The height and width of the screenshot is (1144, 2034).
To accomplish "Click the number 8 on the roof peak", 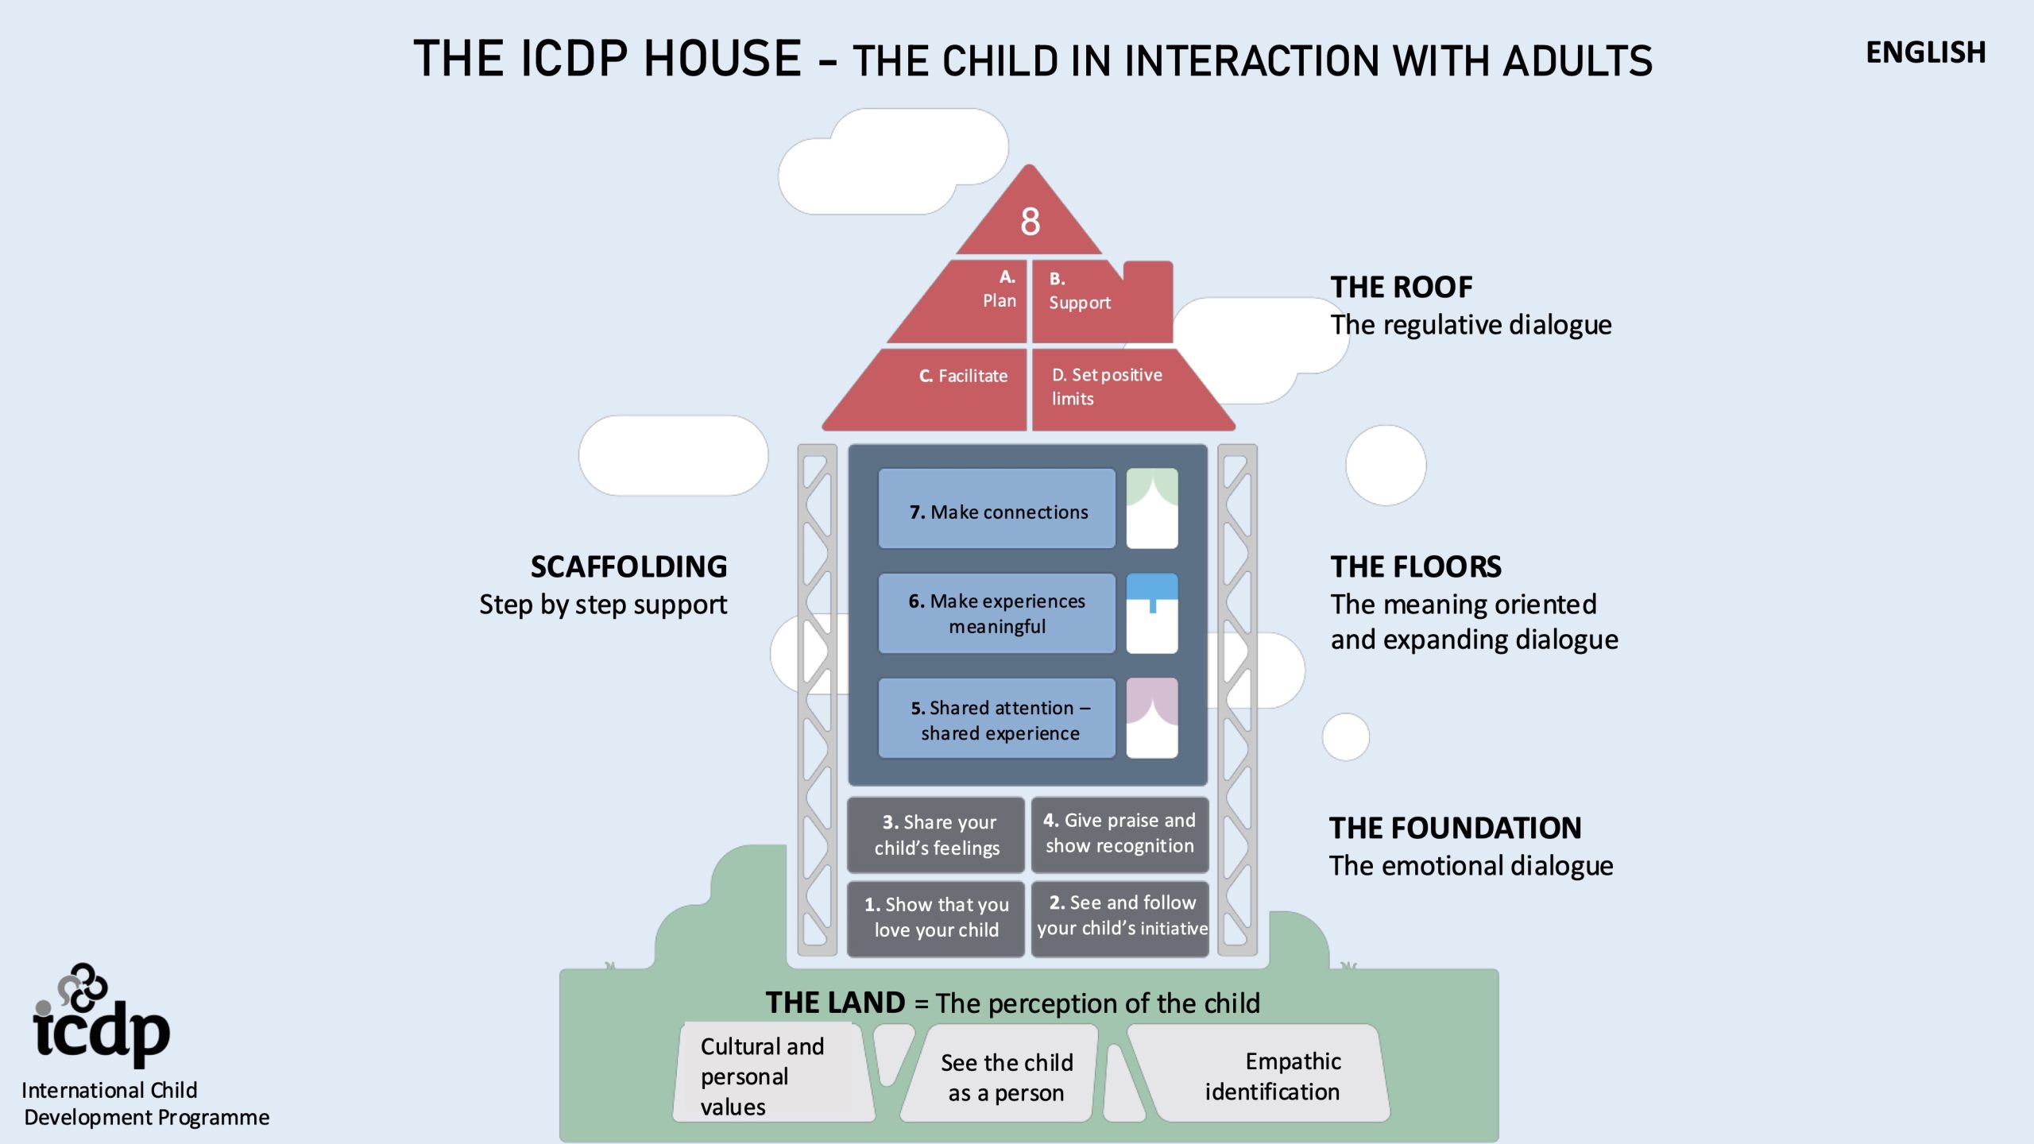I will point(1030,222).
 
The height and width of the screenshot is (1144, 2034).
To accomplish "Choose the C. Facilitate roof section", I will point(953,385).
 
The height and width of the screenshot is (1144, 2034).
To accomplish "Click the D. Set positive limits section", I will point(1112,387).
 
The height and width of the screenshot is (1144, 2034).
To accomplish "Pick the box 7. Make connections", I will point(997,509).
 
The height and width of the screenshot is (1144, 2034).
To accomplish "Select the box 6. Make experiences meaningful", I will point(997,613).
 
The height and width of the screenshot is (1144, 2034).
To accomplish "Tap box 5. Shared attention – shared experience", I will point(997,719).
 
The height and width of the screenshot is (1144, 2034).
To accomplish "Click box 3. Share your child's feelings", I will point(936,835).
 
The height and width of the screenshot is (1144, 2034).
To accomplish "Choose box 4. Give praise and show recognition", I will point(1119,833).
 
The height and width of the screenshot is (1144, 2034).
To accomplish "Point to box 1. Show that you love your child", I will point(936,918).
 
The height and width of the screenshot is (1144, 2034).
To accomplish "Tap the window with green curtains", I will point(1152,508).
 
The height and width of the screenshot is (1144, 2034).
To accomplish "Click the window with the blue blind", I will point(1152,613).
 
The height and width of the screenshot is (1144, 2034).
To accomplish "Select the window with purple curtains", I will point(1152,718).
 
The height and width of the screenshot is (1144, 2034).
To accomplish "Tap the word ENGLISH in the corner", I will point(1925,53).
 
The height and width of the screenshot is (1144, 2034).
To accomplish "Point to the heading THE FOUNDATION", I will point(1455,828).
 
